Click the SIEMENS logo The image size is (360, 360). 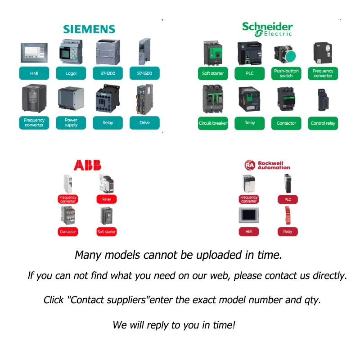click(89, 29)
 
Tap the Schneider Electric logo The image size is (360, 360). click(267, 29)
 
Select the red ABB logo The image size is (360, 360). click(87, 165)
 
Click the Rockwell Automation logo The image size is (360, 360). click(267, 165)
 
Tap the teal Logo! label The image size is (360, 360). click(71, 73)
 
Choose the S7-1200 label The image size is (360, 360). click(108, 73)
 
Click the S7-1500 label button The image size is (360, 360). click(144, 73)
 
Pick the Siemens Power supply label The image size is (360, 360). click(71, 122)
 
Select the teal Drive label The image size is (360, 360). click(144, 122)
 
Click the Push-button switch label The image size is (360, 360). click(286, 73)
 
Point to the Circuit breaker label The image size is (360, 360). click(213, 123)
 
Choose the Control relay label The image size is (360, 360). click(323, 123)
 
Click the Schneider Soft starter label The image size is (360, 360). click(213, 73)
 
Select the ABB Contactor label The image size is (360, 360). click(68, 232)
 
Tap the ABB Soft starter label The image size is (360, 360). click(107, 232)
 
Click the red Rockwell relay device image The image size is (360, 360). click(288, 215)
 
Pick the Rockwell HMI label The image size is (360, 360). click(249, 232)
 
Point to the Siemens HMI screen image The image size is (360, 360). click(34, 53)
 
